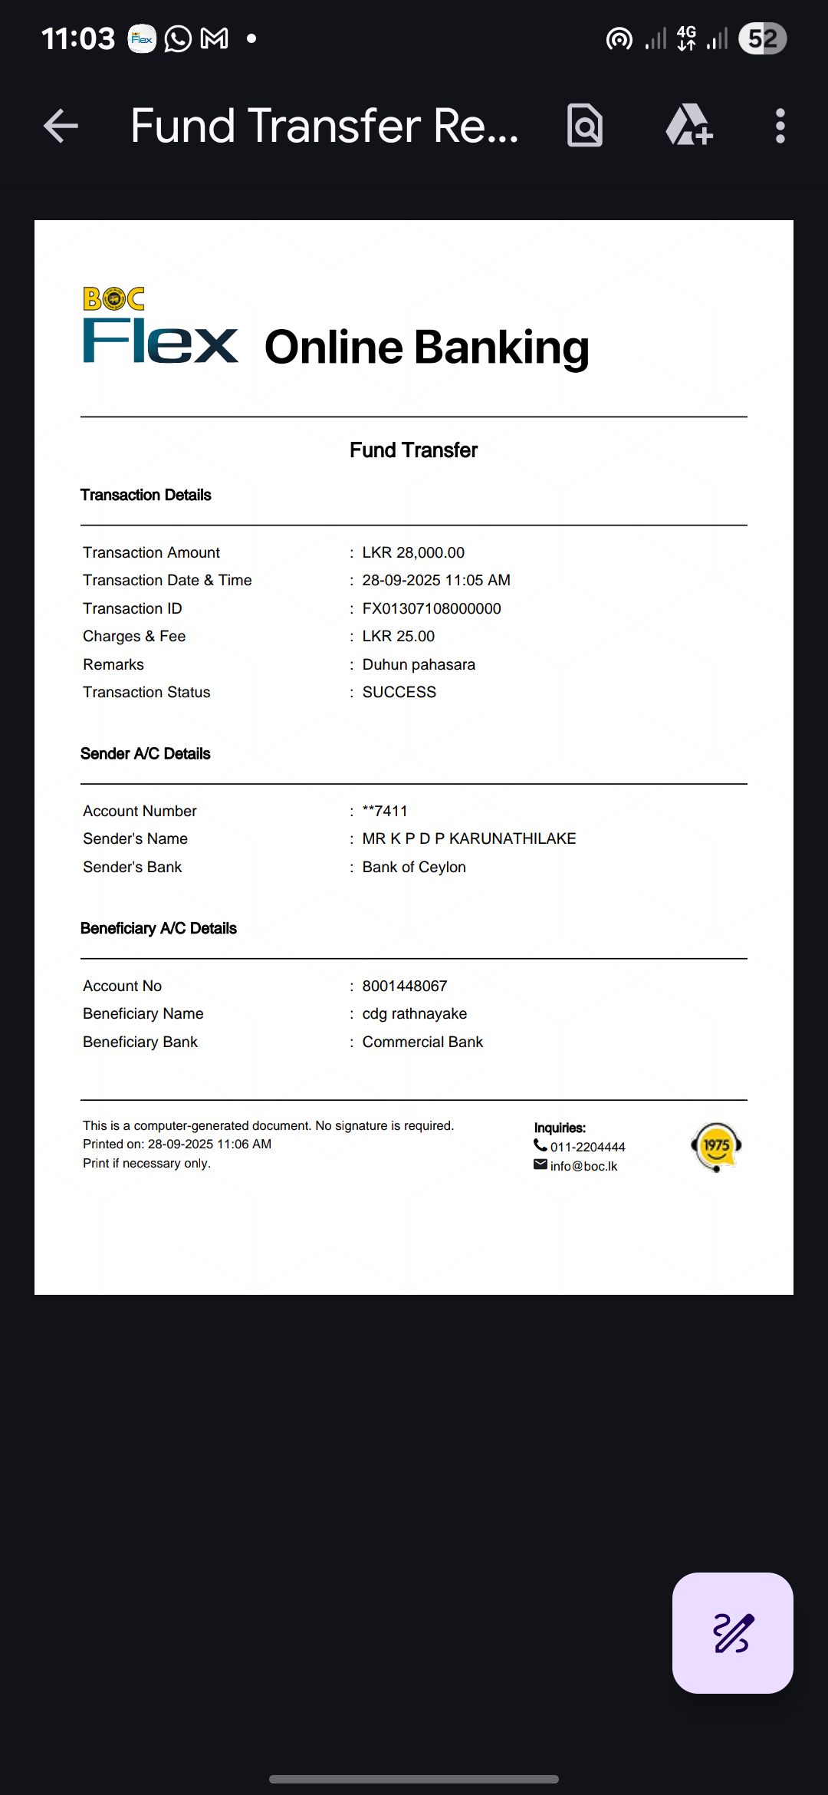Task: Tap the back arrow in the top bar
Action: pos(61,126)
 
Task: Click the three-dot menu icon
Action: pos(780,126)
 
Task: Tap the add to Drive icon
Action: pos(688,126)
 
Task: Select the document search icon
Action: pos(585,126)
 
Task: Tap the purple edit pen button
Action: pos(732,1632)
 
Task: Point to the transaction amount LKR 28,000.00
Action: pos(413,552)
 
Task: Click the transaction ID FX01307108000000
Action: pos(432,608)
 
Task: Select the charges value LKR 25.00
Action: pos(398,636)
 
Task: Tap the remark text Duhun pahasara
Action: pos(419,664)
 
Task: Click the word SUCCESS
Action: pos(399,692)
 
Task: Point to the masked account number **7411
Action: pos(385,811)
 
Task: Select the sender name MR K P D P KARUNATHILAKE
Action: pos(468,838)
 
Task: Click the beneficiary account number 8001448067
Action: pos(404,986)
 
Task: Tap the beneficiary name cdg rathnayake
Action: pos(414,1013)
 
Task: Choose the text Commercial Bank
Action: pos(422,1042)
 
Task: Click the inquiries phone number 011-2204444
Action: pos(587,1147)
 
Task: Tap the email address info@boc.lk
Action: pos(583,1166)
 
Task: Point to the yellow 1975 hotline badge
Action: pos(716,1146)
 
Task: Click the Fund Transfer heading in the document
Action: pos(413,450)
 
